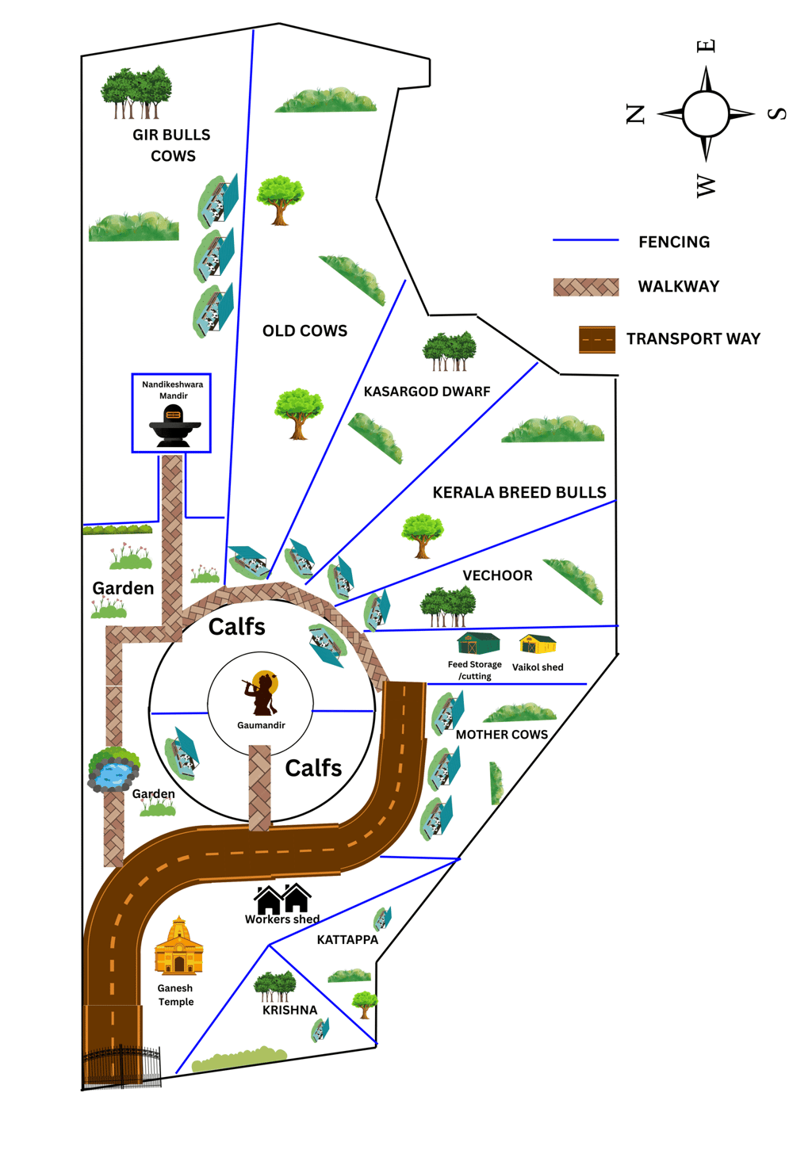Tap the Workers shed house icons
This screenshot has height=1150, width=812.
point(282,900)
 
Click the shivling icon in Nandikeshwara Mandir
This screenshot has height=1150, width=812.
point(174,426)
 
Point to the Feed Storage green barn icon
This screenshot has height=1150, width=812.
point(478,644)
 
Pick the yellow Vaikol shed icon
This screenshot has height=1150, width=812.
point(537,644)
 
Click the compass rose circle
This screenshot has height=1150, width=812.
point(705,114)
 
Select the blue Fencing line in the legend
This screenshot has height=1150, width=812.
point(585,240)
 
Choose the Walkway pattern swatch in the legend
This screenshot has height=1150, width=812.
point(585,287)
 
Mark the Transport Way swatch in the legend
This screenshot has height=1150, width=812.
point(597,339)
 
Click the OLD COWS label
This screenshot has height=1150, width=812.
point(304,330)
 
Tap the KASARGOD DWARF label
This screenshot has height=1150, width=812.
point(427,392)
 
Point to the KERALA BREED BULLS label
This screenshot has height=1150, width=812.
point(519,492)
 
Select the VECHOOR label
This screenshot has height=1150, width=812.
point(497,575)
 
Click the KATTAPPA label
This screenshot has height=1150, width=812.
point(347,940)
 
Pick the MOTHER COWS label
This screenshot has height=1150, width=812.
point(501,735)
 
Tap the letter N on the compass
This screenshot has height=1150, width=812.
point(636,114)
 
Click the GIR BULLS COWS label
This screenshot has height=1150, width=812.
point(172,145)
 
